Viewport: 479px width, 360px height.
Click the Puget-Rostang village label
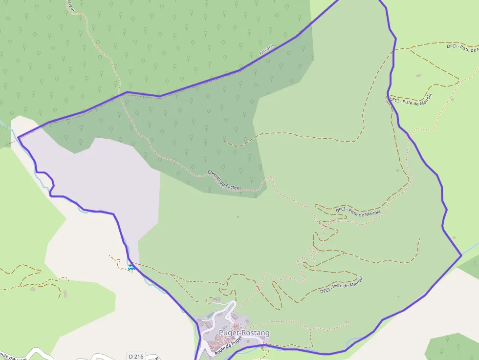coord(244,333)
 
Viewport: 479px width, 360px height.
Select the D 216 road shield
coord(136,356)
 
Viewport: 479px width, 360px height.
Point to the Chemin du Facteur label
coord(224,179)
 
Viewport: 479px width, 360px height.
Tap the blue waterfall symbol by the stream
coord(131,267)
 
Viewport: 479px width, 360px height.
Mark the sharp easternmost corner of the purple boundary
coord(461,255)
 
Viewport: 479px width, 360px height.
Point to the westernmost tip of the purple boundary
coord(19,138)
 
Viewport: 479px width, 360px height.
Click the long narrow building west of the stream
coord(65,294)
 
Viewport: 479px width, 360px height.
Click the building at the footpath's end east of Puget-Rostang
coord(347,322)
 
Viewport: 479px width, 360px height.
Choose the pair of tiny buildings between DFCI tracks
coord(419,75)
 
